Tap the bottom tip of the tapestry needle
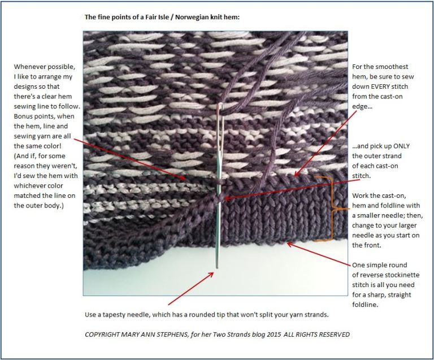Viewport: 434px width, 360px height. (x=217, y=266)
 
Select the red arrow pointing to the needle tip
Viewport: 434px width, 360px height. (x=190, y=288)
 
